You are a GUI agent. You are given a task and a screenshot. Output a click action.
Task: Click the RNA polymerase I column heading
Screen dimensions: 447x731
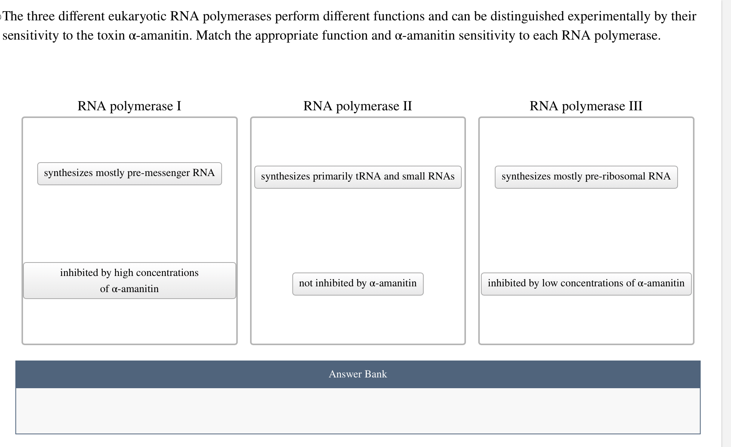[x=129, y=106]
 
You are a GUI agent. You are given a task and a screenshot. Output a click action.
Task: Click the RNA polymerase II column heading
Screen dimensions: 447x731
[x=357, y=106]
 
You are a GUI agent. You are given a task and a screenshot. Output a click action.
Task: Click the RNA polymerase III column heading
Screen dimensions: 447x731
[x=586, y=106]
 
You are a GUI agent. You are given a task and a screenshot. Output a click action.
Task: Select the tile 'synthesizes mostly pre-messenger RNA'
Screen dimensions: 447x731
[x=129, y=173]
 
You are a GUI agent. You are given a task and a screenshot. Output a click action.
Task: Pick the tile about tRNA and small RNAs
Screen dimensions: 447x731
[x=357, y=177]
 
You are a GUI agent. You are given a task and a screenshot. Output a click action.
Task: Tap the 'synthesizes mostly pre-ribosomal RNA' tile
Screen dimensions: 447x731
[x=586, y=177]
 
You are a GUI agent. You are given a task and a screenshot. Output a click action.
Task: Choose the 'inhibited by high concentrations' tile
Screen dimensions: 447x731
[x=129, y=281]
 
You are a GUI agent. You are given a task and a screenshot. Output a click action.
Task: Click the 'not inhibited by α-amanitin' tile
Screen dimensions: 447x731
[x=357, y=284]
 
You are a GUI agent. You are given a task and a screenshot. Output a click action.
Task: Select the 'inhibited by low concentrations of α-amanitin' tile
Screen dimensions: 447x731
[x=586, y=284]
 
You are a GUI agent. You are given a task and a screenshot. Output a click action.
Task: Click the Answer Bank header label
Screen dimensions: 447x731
[x=357, y=374]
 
